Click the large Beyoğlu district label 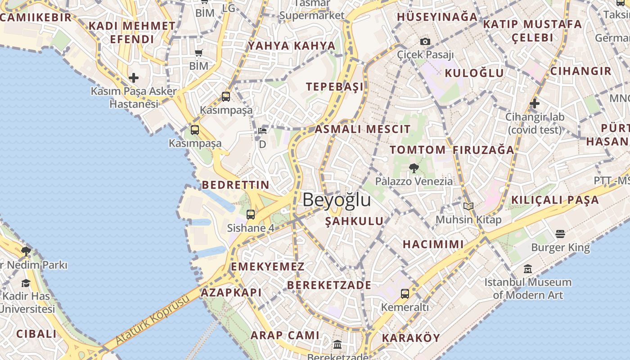[x=337, y=200]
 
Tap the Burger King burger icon [x=560, y=234]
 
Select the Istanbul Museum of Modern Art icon [x=528, y=269]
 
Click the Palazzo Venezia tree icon [x=414, y=169]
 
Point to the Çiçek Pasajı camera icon [x=425, y=42]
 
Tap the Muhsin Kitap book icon [x=468, y=206]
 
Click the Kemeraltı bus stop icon [x=405, y=294]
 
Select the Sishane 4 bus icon [x=251, y=215]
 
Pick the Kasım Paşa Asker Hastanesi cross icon [x=134, y=78]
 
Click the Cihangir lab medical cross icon [x=535, y=103]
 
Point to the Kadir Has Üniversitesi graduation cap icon [x=26, y=283]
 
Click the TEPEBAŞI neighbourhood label [x=334, y=87]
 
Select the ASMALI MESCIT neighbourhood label [x=363, y=130]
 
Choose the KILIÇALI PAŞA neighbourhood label [x=555, y=200]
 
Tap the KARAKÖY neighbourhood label [x=411, y=338]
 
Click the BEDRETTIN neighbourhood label [x=235, y=185]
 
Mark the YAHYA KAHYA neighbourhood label [x=292, y=46]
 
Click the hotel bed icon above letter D [x=262, y=131]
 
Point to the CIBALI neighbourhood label [x=36, y=334]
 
